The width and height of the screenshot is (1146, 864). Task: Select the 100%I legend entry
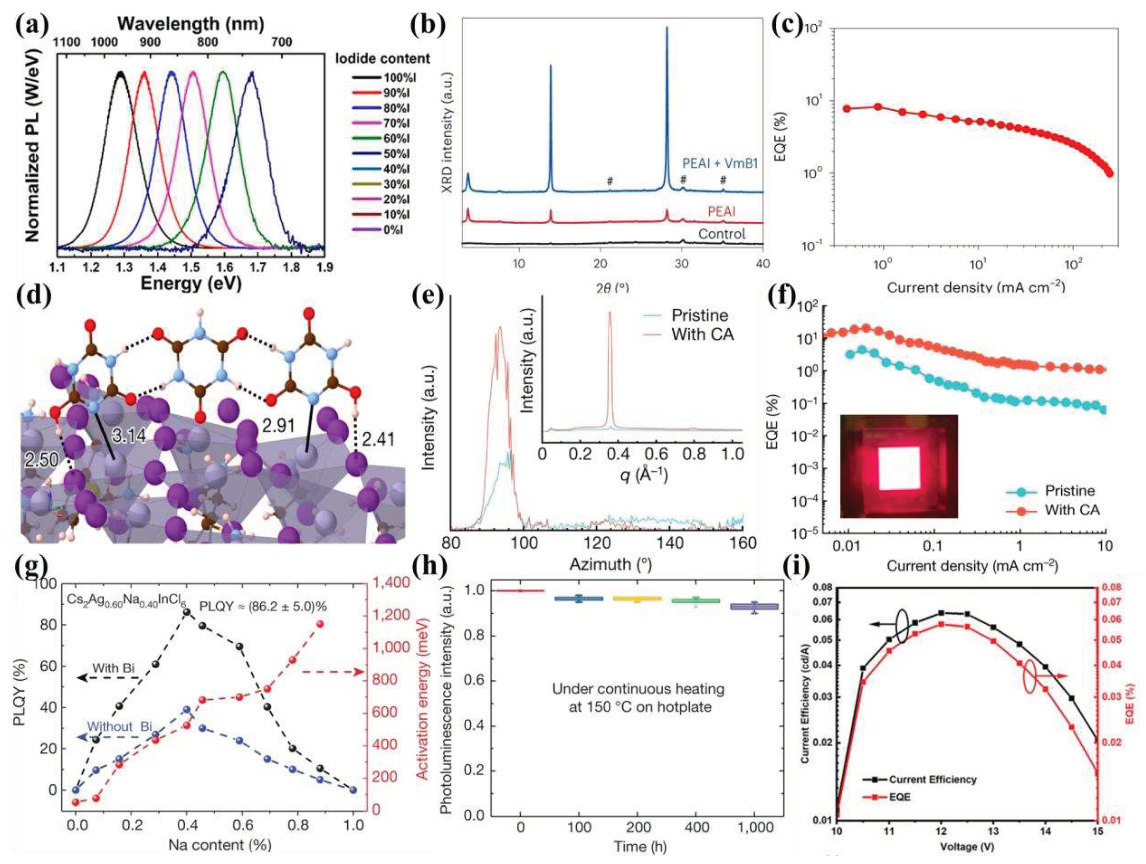(x=399, y=78)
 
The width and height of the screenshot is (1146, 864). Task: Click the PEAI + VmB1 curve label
(x=720, y=164)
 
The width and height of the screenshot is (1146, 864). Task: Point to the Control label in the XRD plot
(x=721, y=234)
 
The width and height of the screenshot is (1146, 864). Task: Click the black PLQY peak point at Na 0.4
(x=187, y=612)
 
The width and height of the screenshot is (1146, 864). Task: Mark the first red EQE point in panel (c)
(x=846, y=108)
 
